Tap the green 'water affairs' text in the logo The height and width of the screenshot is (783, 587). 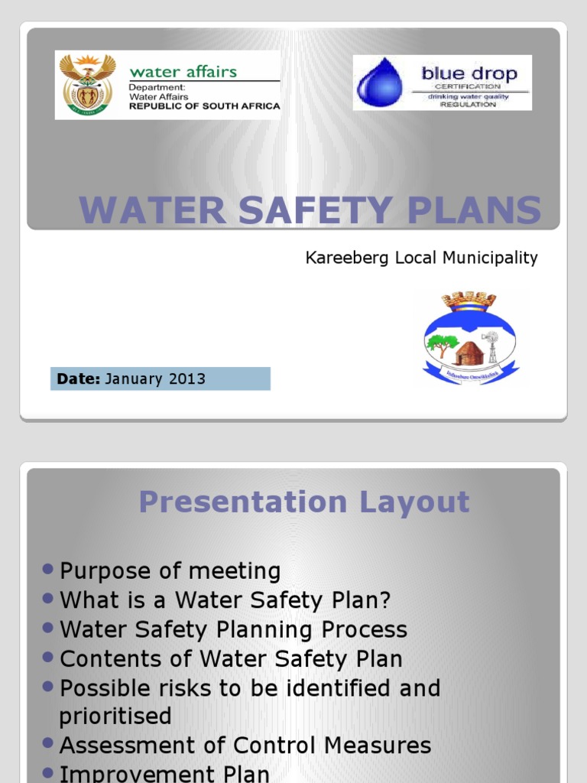click(183, 72)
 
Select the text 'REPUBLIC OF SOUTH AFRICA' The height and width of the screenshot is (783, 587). click(204, 106)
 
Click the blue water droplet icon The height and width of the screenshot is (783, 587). click(380, 83)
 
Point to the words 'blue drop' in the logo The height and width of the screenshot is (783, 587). click(469, 74)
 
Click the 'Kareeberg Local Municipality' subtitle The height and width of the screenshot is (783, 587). click(421, 258)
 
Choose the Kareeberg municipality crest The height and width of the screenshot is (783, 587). click(470, 337)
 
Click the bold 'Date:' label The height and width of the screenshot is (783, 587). click(79, 379)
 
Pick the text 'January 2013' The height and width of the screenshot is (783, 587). click(155, 379)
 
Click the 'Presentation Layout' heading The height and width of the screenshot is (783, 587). click(303, 502)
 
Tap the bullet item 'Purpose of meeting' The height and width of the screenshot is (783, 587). click(170, 571)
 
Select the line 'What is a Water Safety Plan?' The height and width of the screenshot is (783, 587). click(225, 600)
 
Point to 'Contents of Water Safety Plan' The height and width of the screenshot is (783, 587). click(231, 658)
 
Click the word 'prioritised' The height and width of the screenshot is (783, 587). click(115, 716)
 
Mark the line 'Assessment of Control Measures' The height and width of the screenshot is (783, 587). click(245, 746)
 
